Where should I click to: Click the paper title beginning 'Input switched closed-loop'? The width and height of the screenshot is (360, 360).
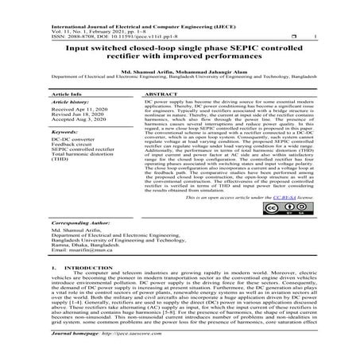(180, 50)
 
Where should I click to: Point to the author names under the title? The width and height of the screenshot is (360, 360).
(180, 73)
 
